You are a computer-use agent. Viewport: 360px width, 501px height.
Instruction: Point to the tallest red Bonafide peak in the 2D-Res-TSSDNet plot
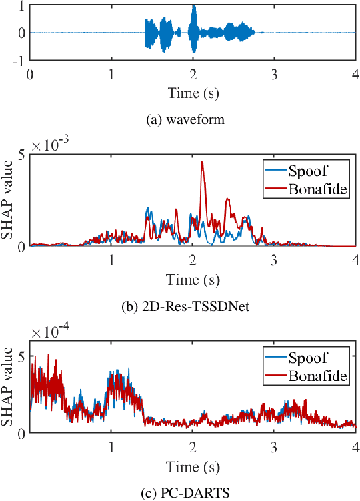pos(202,163)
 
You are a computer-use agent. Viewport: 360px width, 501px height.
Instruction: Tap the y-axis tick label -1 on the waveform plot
pos(19,59)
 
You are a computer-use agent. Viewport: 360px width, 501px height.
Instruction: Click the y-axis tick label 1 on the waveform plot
pos(23,6)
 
